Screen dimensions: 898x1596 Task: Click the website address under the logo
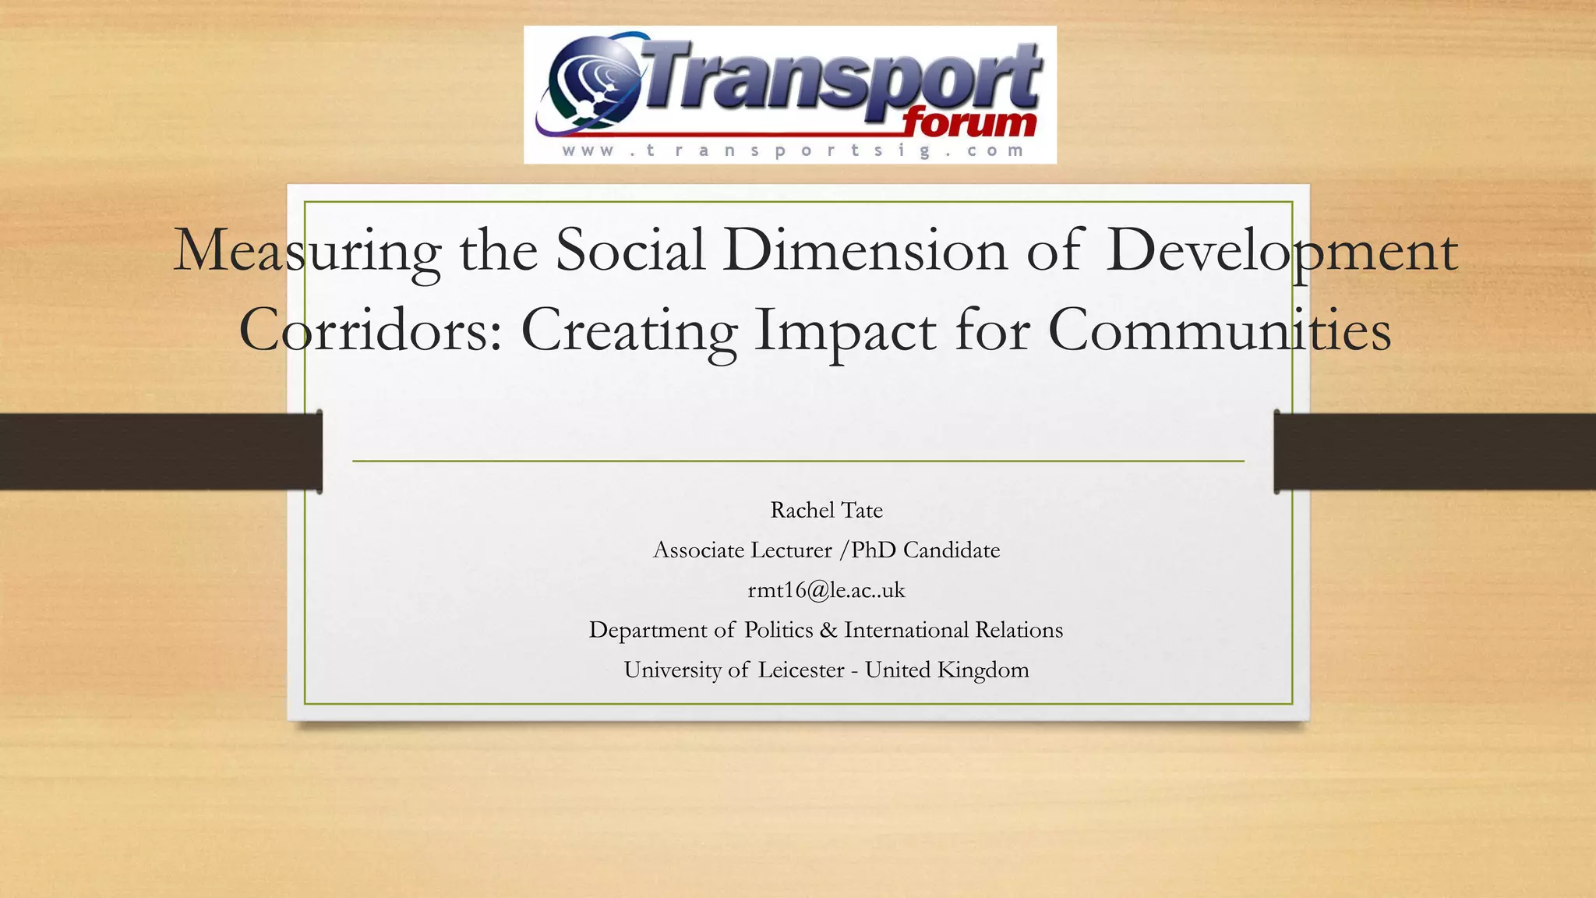coord(792,150)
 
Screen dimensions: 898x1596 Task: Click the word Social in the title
coord(630,251)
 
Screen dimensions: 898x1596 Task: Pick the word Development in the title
coord(1281,251)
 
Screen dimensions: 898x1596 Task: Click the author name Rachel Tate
coord(826,511)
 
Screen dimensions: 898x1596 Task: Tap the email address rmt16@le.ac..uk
coord(826,590)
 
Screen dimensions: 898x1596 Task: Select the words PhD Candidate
coord(925,550)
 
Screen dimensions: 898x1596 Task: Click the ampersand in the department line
coord(828,630)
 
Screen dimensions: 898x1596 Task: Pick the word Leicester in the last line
coord(801,670)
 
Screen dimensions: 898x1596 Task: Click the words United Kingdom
coord(947,670)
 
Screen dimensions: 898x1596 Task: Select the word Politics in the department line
coord(779,630)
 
